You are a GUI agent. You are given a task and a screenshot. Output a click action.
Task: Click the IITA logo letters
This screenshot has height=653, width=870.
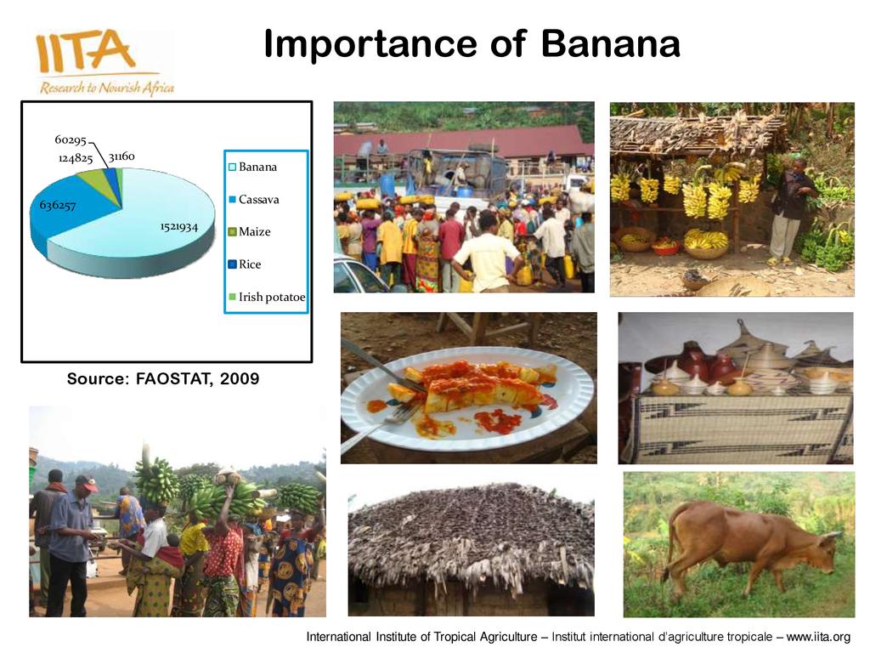[x=86, y=51]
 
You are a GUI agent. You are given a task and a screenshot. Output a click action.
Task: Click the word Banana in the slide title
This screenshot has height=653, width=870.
[x=610, y=43]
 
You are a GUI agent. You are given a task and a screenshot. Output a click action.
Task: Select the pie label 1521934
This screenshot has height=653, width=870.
[x=178, y=226]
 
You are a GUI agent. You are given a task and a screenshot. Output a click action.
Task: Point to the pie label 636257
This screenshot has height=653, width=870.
[x=57, y=206]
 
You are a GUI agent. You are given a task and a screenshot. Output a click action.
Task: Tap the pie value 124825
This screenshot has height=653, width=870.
[x=76, y=159]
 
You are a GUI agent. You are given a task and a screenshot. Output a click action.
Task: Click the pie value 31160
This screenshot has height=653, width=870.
[x=121, y=156]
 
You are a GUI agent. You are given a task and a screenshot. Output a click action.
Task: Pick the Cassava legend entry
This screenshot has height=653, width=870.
[x=254, y=199]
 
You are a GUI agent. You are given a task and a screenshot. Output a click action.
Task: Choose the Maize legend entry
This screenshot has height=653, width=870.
[x=250, y=231]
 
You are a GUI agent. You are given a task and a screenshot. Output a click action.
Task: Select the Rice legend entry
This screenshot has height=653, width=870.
[x=245, y=264]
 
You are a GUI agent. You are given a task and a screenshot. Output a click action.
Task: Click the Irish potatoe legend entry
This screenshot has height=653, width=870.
[x=267, y=297]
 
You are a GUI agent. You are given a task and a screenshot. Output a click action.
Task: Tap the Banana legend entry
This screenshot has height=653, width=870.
[x=253, y=167]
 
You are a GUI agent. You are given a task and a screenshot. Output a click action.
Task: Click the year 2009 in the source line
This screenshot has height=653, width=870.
[x=240, y=378]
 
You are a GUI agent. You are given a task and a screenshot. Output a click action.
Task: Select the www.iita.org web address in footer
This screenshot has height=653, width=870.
[x=818, y=637]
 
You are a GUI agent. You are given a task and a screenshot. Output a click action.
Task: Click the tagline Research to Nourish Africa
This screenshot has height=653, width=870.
[x=107, y=88]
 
